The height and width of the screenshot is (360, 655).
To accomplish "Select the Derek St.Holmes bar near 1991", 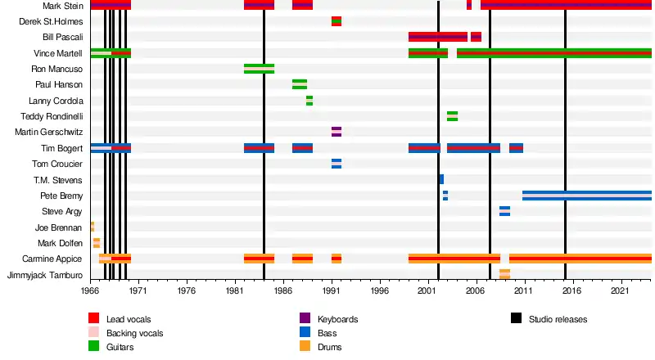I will [x=337, y=21].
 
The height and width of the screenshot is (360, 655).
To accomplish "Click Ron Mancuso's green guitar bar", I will [x=259, y=69].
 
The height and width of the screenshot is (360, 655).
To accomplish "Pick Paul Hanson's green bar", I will [x=300, y=84].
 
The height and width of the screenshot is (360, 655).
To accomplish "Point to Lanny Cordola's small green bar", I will [x=309, y=101].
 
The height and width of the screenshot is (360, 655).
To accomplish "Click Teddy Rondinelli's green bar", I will [x=452, y=116].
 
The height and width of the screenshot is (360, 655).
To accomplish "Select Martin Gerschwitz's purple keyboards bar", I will [x=337, y=132].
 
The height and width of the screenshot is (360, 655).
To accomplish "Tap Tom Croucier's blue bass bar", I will [x=337, y=164].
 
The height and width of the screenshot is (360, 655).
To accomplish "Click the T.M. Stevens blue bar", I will [x=441, y=179].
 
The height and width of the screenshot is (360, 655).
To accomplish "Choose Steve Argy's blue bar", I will [x=504, y=211].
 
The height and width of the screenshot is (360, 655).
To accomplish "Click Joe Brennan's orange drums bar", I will [x=92, y=227].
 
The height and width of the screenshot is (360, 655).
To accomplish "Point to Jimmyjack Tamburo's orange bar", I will [x=504, y=275].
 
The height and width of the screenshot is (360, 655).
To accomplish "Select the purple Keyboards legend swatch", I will [x=305, y=318].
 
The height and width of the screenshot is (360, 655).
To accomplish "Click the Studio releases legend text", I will [x=558, y=319].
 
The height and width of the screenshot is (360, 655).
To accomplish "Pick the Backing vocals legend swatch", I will [x=93, y=333].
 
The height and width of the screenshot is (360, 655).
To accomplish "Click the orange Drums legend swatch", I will [x=305, y=347].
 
